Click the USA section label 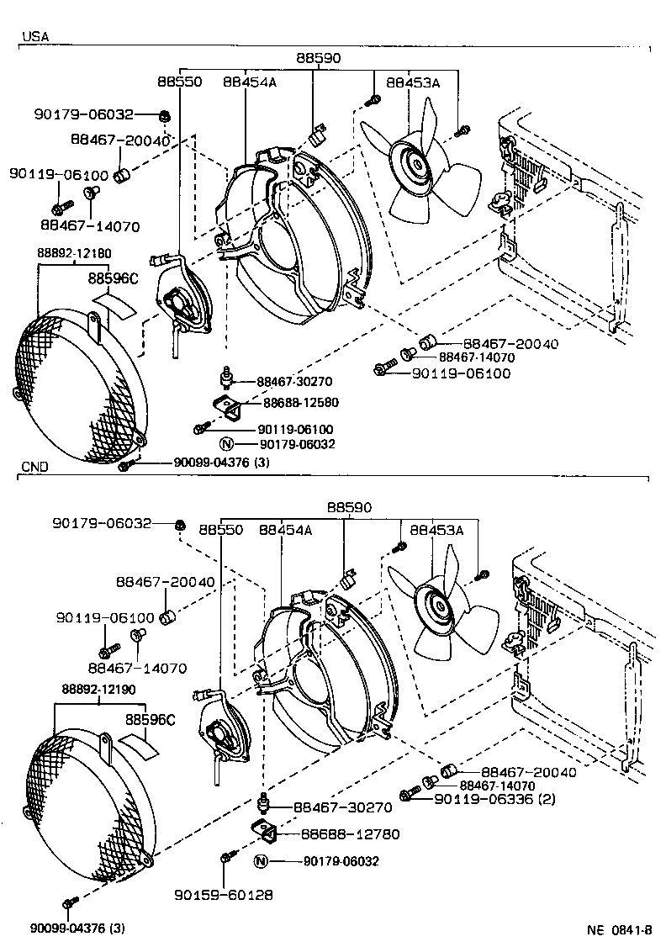pos(35,37)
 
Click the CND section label pos(35,467)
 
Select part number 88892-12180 pos(74,253)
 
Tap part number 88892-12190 pos(98,689)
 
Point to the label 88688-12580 pos(301,402)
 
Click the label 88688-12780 pos(350,834)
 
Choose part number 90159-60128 pos(224,895)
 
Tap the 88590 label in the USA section pos(318,59)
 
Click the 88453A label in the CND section pos(436,531)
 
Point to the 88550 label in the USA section pos(180,82)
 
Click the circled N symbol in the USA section pos(226,445)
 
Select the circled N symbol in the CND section pos(260,861)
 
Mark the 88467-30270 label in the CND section pos(343,807)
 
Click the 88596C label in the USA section pos(114,278)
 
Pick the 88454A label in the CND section pos(286,531)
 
